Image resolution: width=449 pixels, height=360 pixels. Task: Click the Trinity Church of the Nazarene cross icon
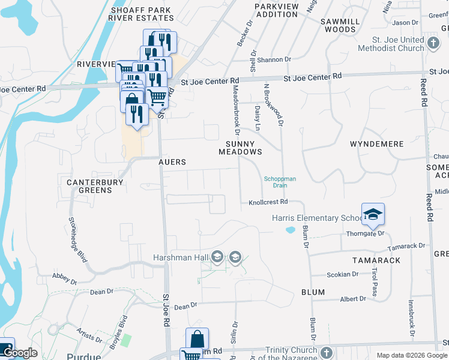pyautogui.click(x=326, y=352)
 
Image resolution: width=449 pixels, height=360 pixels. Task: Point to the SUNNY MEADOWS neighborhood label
pyautogui.click(x=244, y=148)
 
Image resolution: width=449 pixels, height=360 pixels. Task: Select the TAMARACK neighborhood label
pyautogui.click(x=376, y=260)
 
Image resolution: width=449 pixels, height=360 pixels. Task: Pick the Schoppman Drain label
pyautogui.click(x=280, y=182)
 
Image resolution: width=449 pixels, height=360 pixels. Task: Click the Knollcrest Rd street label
pyautogui.click(x=268, y=203)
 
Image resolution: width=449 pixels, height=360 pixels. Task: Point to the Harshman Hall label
pyautogui.click(x=180, y=257)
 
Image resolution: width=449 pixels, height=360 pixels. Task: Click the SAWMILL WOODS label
pyautogui.click(x=340, y=25)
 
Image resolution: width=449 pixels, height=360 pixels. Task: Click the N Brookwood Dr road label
pyautogui.click(x=273, y=105)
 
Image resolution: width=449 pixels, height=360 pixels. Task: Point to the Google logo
pyautogui.click(x=20, y=353)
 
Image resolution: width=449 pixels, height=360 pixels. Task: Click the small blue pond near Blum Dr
pyautogui.click(x=291, y=230)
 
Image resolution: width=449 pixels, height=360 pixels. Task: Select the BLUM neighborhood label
pyautogui.click(x=313, y=292)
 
